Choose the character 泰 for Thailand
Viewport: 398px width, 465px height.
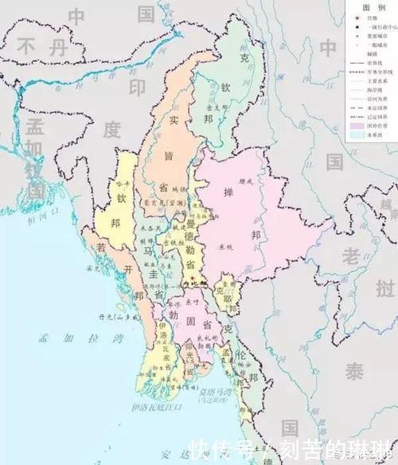tap(352, 371)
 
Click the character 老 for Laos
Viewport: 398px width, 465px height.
tap(351, 255)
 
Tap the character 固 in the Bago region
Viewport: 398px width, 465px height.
tap(189, 323)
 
